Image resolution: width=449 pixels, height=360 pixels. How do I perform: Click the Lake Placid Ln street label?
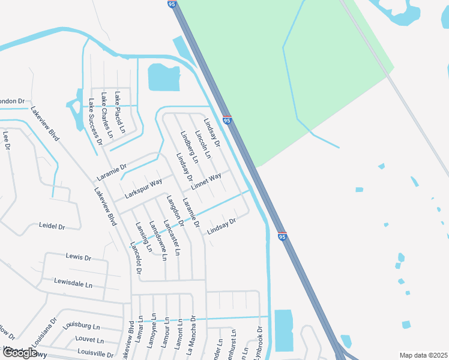point(120,112)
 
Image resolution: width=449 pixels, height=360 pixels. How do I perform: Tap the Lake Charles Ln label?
point(107,115)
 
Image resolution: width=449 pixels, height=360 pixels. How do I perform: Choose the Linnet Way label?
point(206,179)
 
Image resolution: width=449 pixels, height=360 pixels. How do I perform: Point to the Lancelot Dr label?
point(136,258)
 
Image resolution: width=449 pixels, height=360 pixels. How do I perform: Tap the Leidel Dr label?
point(51,226)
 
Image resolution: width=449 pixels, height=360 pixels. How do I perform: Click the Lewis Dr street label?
point(78,257)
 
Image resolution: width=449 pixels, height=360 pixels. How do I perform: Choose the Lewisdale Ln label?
point(74,283)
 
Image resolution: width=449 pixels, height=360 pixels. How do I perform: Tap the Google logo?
point(20,353)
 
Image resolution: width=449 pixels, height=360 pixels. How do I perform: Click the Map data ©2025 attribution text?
point(423,355)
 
